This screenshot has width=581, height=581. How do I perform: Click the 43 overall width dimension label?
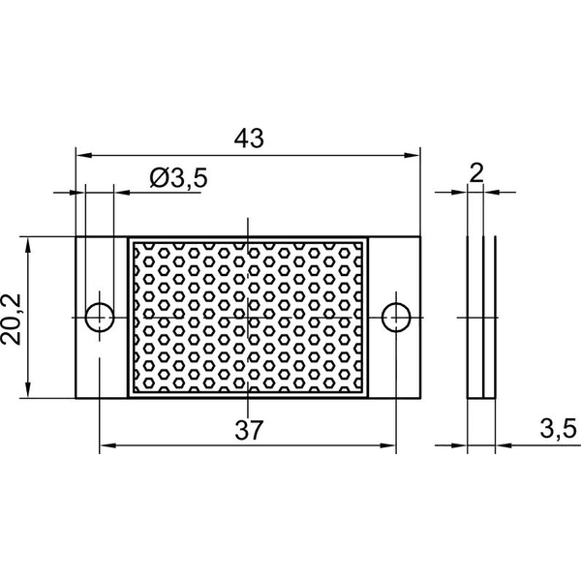249,138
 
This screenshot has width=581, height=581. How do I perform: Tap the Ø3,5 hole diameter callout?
178,178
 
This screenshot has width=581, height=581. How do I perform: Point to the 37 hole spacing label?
249,430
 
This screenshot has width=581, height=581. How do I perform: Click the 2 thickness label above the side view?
476,173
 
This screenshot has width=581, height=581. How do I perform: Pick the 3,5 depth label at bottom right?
558,429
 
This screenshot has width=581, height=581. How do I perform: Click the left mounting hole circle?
100,318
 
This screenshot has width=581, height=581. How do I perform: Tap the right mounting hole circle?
396,318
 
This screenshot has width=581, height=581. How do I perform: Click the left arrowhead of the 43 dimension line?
83,155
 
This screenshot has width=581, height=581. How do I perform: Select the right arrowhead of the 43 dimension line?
413,155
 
